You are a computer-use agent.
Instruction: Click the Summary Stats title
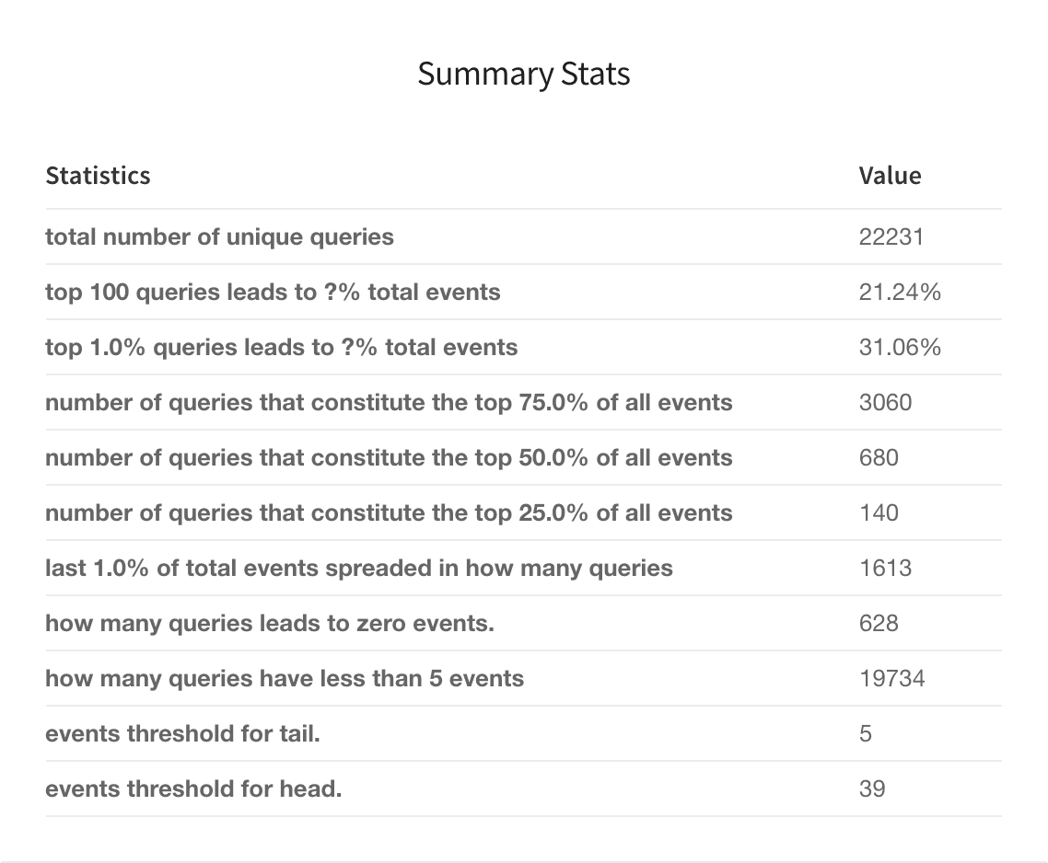click(523, 74)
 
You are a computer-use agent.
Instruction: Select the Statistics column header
click(98, 175)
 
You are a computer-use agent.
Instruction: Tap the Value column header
click(890, 175)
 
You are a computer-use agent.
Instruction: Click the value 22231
click(891, 237)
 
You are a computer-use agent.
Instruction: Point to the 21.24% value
click(900, 293)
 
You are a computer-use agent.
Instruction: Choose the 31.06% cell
click(900, 348)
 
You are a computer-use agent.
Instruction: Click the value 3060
click(885, 403)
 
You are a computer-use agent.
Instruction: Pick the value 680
click(879, 458)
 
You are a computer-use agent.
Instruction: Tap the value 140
click(879, 513)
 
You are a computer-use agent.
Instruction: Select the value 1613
click(885, 569)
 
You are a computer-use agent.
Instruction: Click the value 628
click(879, 624)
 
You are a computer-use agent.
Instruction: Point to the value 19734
click(891, 679)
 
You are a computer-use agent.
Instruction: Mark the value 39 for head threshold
click(872, 789)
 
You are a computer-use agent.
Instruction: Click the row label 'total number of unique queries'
click(219, 237)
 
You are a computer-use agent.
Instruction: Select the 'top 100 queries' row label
click(273, 293)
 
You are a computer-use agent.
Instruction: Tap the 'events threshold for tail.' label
click(182, 734)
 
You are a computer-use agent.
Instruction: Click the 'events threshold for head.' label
click(193, 789)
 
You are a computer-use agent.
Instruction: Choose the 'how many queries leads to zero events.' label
click(270, 624)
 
